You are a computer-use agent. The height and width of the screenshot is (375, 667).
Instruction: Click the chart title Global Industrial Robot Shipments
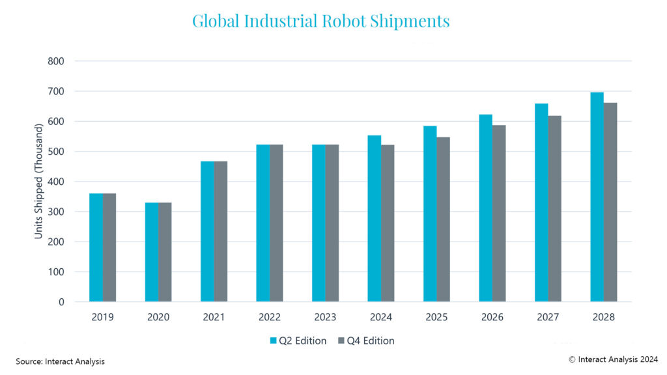click(320, 21)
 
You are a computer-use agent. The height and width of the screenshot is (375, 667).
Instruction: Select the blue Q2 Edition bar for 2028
click(597, 197)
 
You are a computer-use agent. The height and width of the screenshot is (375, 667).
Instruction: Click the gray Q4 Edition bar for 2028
click(610, 202)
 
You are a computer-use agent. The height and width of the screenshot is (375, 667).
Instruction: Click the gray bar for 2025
click(443, 219)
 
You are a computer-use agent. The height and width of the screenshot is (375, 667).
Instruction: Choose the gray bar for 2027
click(554, 209)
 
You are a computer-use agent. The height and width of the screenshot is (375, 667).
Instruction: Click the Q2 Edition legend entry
click(298, 340)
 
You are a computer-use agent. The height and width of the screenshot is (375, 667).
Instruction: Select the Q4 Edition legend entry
click(366, 340)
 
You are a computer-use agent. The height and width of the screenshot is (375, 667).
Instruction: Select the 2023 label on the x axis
click(325, 317)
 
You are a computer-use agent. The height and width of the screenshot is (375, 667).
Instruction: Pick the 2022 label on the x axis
click(270, 317)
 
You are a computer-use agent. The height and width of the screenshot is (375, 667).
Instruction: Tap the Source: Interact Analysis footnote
click(60, 361)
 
